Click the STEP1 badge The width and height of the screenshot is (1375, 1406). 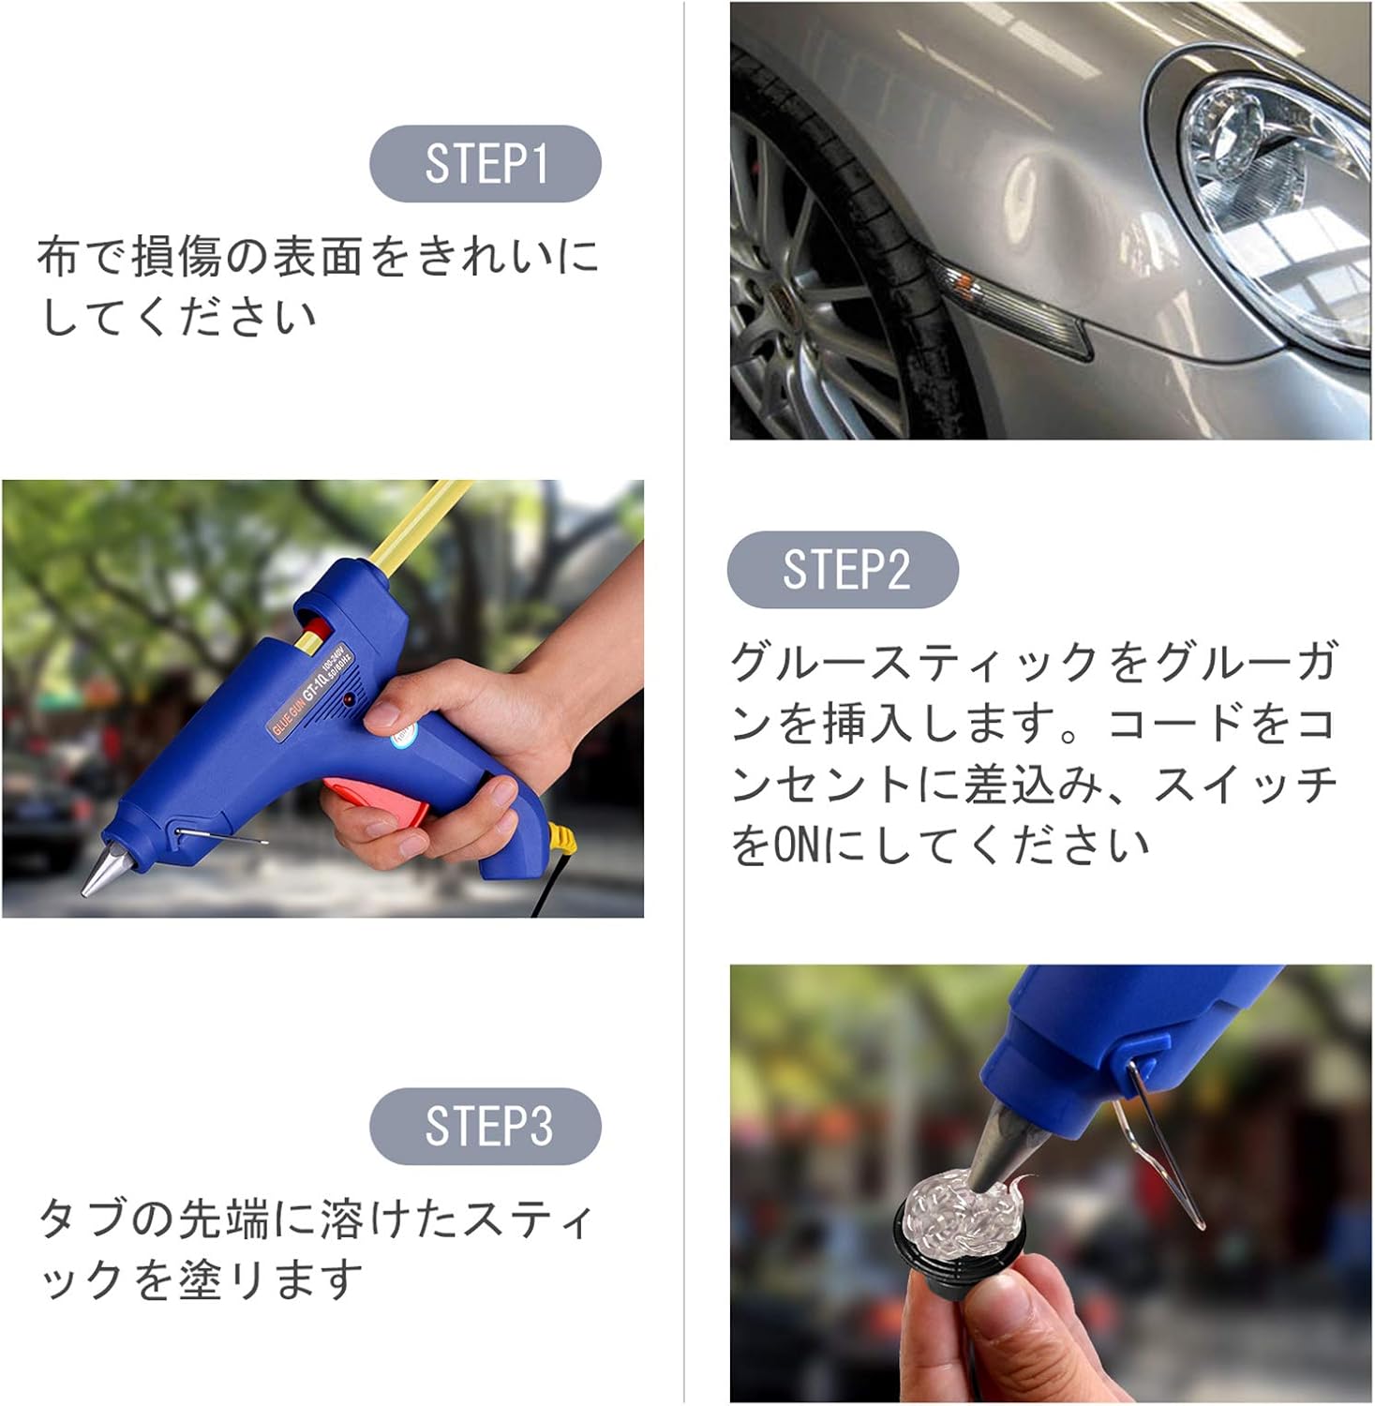coord(485,164)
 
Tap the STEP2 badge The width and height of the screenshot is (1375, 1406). coord(843,570)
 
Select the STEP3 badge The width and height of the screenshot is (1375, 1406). coord(485,1126)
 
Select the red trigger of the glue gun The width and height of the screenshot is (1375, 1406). coord(375,797)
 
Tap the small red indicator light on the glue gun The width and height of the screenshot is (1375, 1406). coord(350,701)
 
